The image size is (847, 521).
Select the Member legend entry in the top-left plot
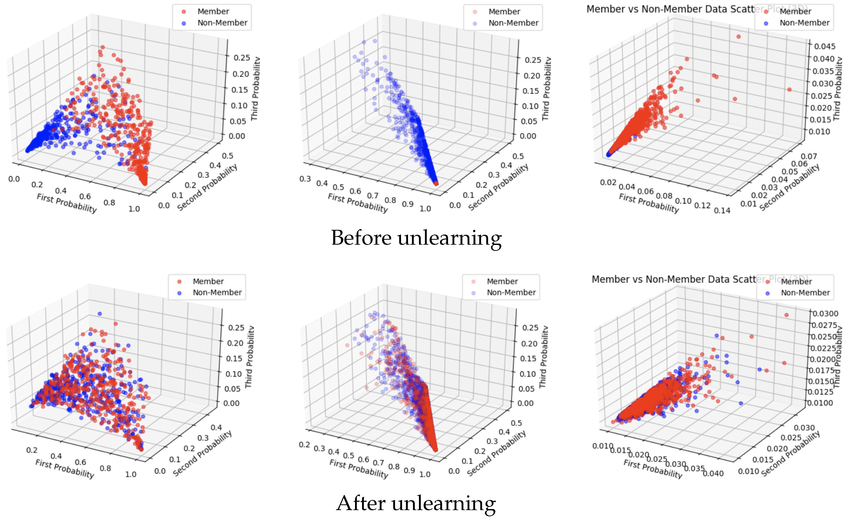pyautogui.click(x=213, y=12)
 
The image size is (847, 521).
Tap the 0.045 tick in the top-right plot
pyautogui.click(x=825, y=46)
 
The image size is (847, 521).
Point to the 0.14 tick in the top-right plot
pyautogui.click(x=722, y=211)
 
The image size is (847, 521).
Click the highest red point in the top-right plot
pyautogui.click(x=738, y=37)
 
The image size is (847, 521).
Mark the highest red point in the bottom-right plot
pyautogui.click(x=787, y=315)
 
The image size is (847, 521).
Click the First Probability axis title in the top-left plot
pyautogui.click(x=67, y=204)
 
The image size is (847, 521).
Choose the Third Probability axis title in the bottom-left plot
pyautogui.click(x=249, y=357)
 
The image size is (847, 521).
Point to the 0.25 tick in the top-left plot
pyautogui.click(x=242, y=58)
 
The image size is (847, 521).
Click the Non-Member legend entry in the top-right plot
pyautogui.click(x=804, y=23)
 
